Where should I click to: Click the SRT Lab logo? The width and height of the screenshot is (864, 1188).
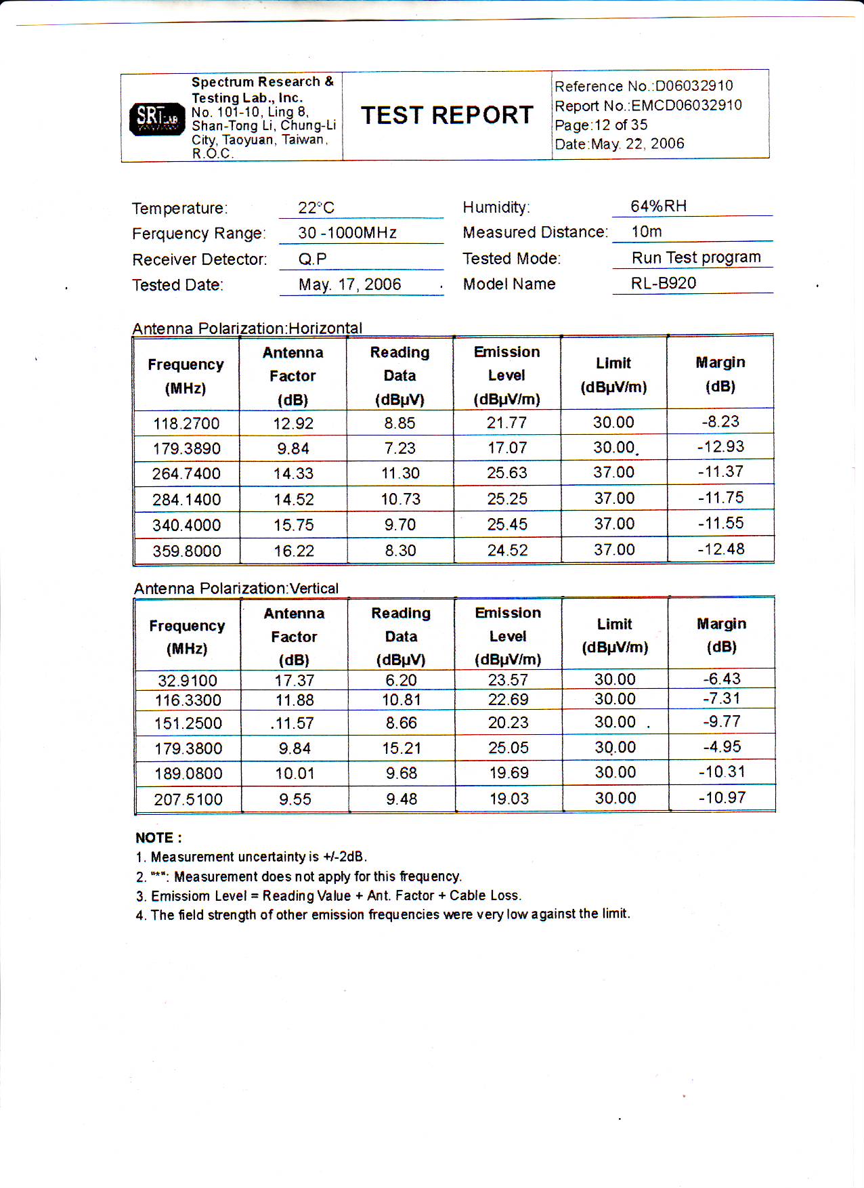156,119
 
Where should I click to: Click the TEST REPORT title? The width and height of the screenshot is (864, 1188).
447,115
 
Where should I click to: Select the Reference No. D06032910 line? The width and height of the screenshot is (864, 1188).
643,86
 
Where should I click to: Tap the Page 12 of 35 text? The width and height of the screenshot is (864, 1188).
601,125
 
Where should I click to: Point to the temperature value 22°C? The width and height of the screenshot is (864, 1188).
316,208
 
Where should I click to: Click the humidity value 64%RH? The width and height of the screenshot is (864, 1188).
658,206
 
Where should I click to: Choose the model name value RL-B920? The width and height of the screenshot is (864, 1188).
663,283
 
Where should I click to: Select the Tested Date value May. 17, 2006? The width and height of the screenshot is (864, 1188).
349,284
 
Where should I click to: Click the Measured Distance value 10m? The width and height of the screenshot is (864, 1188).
646,232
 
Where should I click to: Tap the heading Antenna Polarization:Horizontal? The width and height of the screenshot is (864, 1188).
247,328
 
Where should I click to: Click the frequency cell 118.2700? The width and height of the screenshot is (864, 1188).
186,424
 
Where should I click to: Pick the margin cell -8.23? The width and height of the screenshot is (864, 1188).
720,421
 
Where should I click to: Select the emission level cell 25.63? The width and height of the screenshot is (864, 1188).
506,473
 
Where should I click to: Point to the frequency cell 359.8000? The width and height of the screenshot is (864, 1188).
187,551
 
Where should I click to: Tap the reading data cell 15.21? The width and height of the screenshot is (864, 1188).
401,748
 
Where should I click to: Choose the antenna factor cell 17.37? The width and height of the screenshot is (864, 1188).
294,681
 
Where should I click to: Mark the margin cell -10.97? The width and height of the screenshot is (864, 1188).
722,798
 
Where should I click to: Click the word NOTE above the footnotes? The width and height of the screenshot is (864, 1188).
158,838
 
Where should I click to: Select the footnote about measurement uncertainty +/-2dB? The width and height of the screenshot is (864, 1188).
252,857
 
